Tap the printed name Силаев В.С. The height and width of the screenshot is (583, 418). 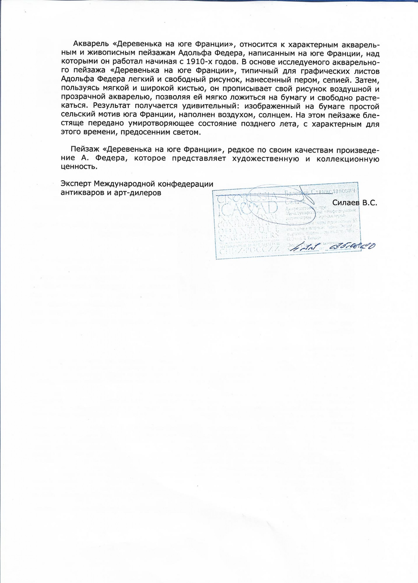click(354, 203)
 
